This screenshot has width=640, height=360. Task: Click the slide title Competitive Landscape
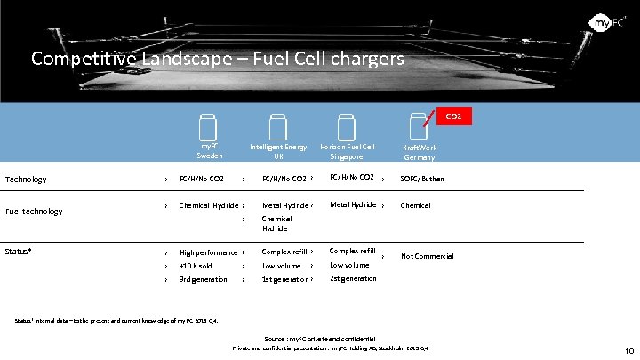[x=217, y=59]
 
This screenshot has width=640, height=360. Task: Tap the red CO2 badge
[x=452, y=116]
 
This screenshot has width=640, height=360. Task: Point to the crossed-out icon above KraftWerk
[x=416, y=126]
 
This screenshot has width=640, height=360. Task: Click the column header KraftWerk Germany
[x=419, y=152]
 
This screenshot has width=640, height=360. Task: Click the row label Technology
[x=26, y=180]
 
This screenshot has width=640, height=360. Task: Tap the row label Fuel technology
[x=34, y=212]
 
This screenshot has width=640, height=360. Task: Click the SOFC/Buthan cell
[x=422, y=179]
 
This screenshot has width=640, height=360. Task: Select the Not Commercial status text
[x=427, y=256]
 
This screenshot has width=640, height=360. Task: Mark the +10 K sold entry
[x=196, y=266]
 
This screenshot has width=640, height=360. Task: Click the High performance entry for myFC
[x=208, y=252]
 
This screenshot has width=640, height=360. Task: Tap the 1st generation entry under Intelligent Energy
[x=285, y=279]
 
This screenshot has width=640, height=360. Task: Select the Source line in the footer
[x=320, y=339]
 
